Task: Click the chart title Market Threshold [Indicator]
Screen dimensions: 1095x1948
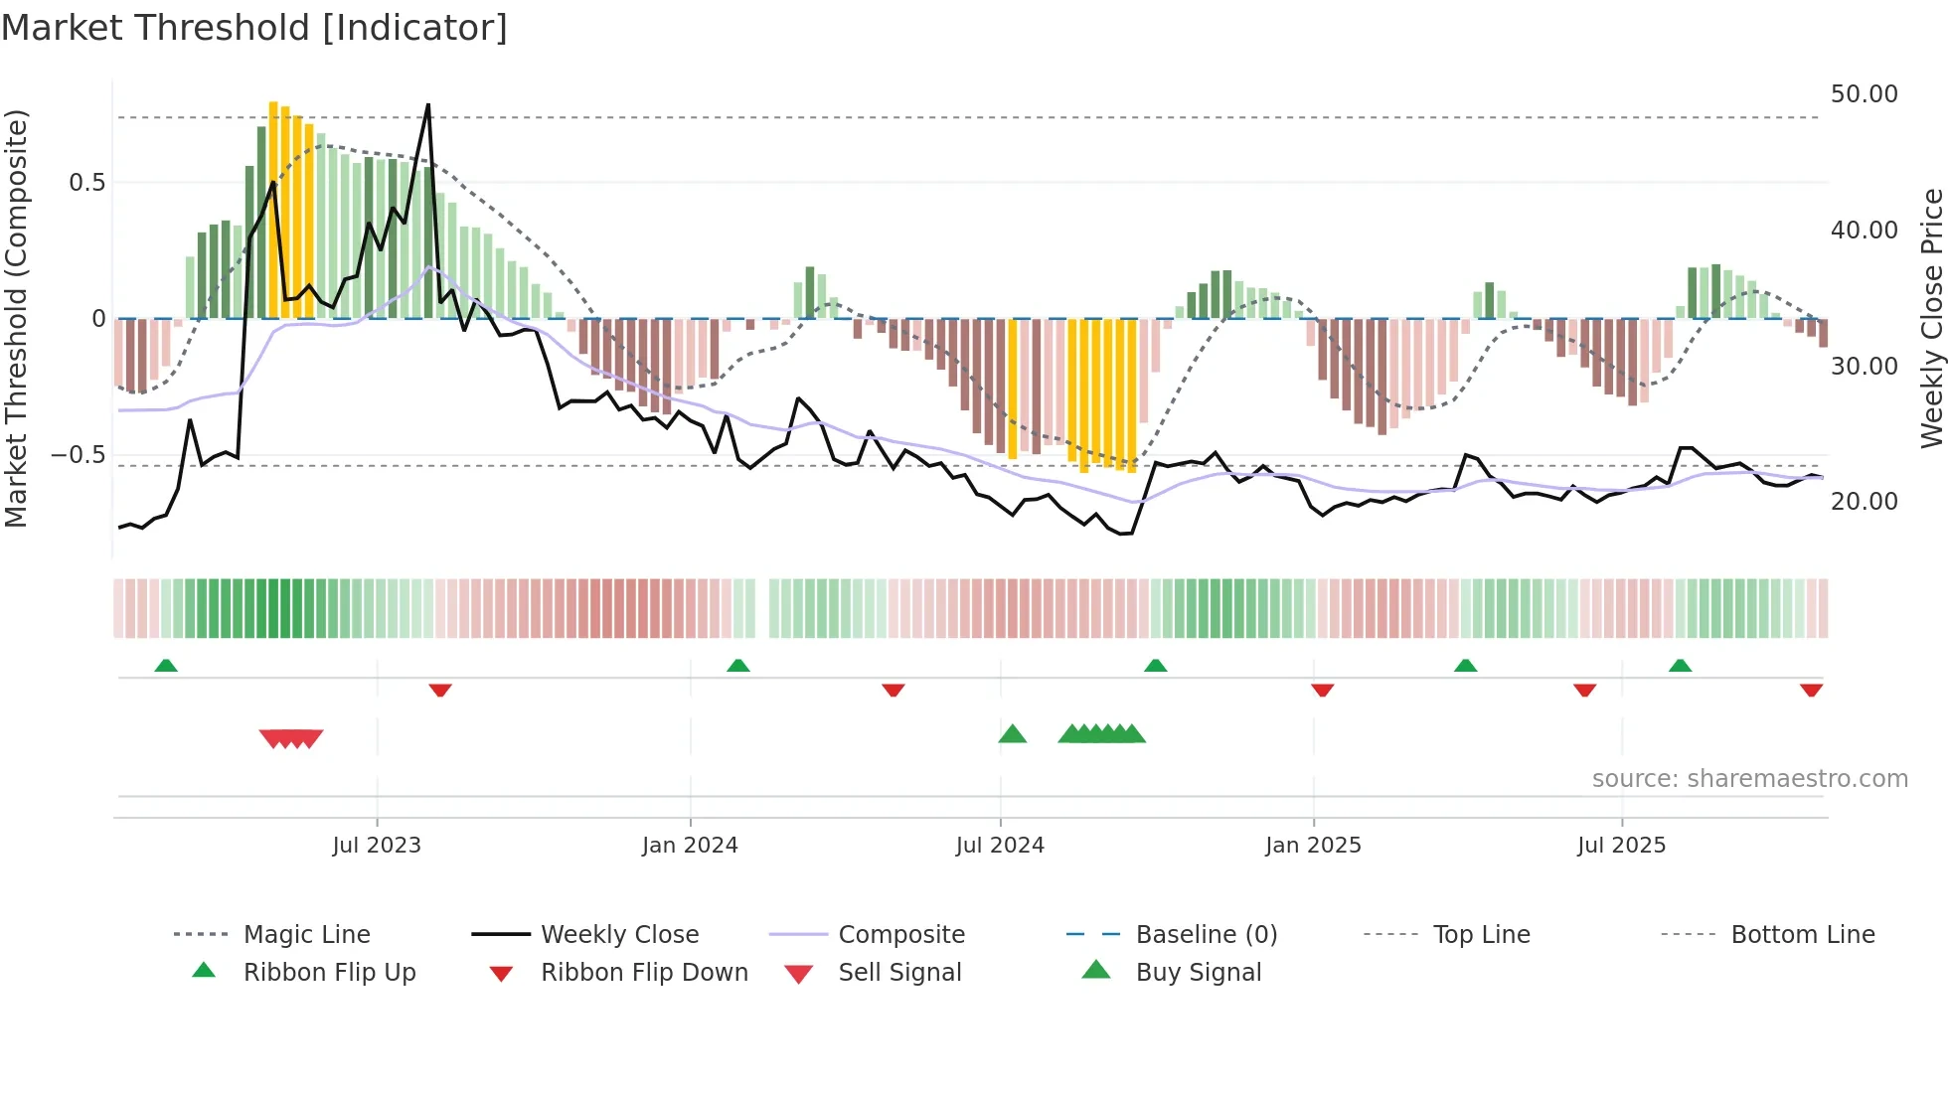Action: click(254, 28)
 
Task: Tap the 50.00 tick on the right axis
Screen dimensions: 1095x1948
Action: click(1864, 94)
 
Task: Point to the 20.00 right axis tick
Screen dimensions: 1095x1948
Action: click(1864, 502)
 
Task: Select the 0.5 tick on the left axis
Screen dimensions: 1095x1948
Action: click(86, 183)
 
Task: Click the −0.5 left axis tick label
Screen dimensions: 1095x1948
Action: click(79, 455)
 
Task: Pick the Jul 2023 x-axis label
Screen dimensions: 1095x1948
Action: click(377, 846)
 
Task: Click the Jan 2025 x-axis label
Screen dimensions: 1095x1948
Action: click(1313, 846)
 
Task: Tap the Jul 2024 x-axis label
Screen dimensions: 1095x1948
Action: click(1000, 846)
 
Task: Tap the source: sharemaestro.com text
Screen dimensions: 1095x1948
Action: click(1749, 779)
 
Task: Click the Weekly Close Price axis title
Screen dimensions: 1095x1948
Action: click(1931, 318)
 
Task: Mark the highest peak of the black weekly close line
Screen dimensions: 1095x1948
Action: click(428, 104)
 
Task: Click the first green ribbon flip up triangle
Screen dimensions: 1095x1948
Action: click(166, 666)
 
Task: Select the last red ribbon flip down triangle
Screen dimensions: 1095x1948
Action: click(1811, 690)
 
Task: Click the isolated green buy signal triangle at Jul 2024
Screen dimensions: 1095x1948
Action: click(1012, 734)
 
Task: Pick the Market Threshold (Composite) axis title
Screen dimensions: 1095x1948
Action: click(16, 318)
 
